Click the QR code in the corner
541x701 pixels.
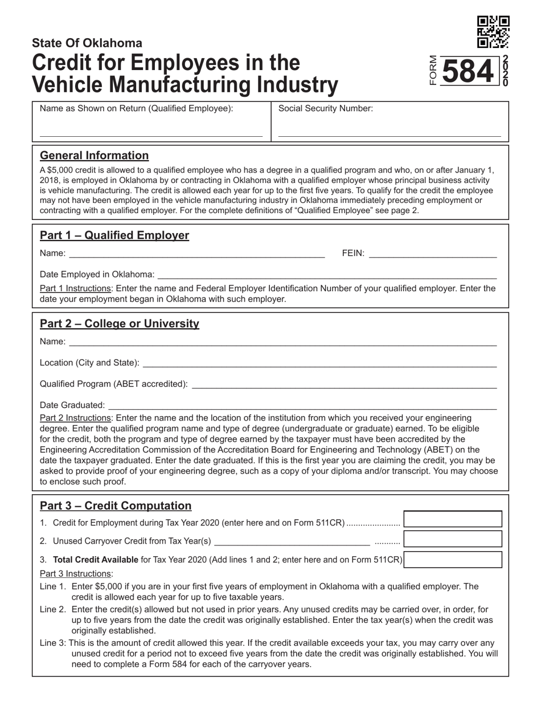coord(493,32)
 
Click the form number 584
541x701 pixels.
coord(468,72)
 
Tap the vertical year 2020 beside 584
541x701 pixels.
coord(505,72)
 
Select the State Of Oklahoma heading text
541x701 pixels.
coord(87,43)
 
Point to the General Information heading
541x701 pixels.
coord(94,156)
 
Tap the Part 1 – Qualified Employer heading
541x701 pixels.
coord(114,235)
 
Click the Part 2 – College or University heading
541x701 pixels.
coord(120,324)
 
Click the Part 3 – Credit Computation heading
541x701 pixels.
coord(116,506)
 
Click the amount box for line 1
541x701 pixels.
coord(453,520)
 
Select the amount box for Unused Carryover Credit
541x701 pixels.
coord(453,540)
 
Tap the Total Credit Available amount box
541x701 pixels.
coord(453,560)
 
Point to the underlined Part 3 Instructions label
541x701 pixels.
coord(76,573)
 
